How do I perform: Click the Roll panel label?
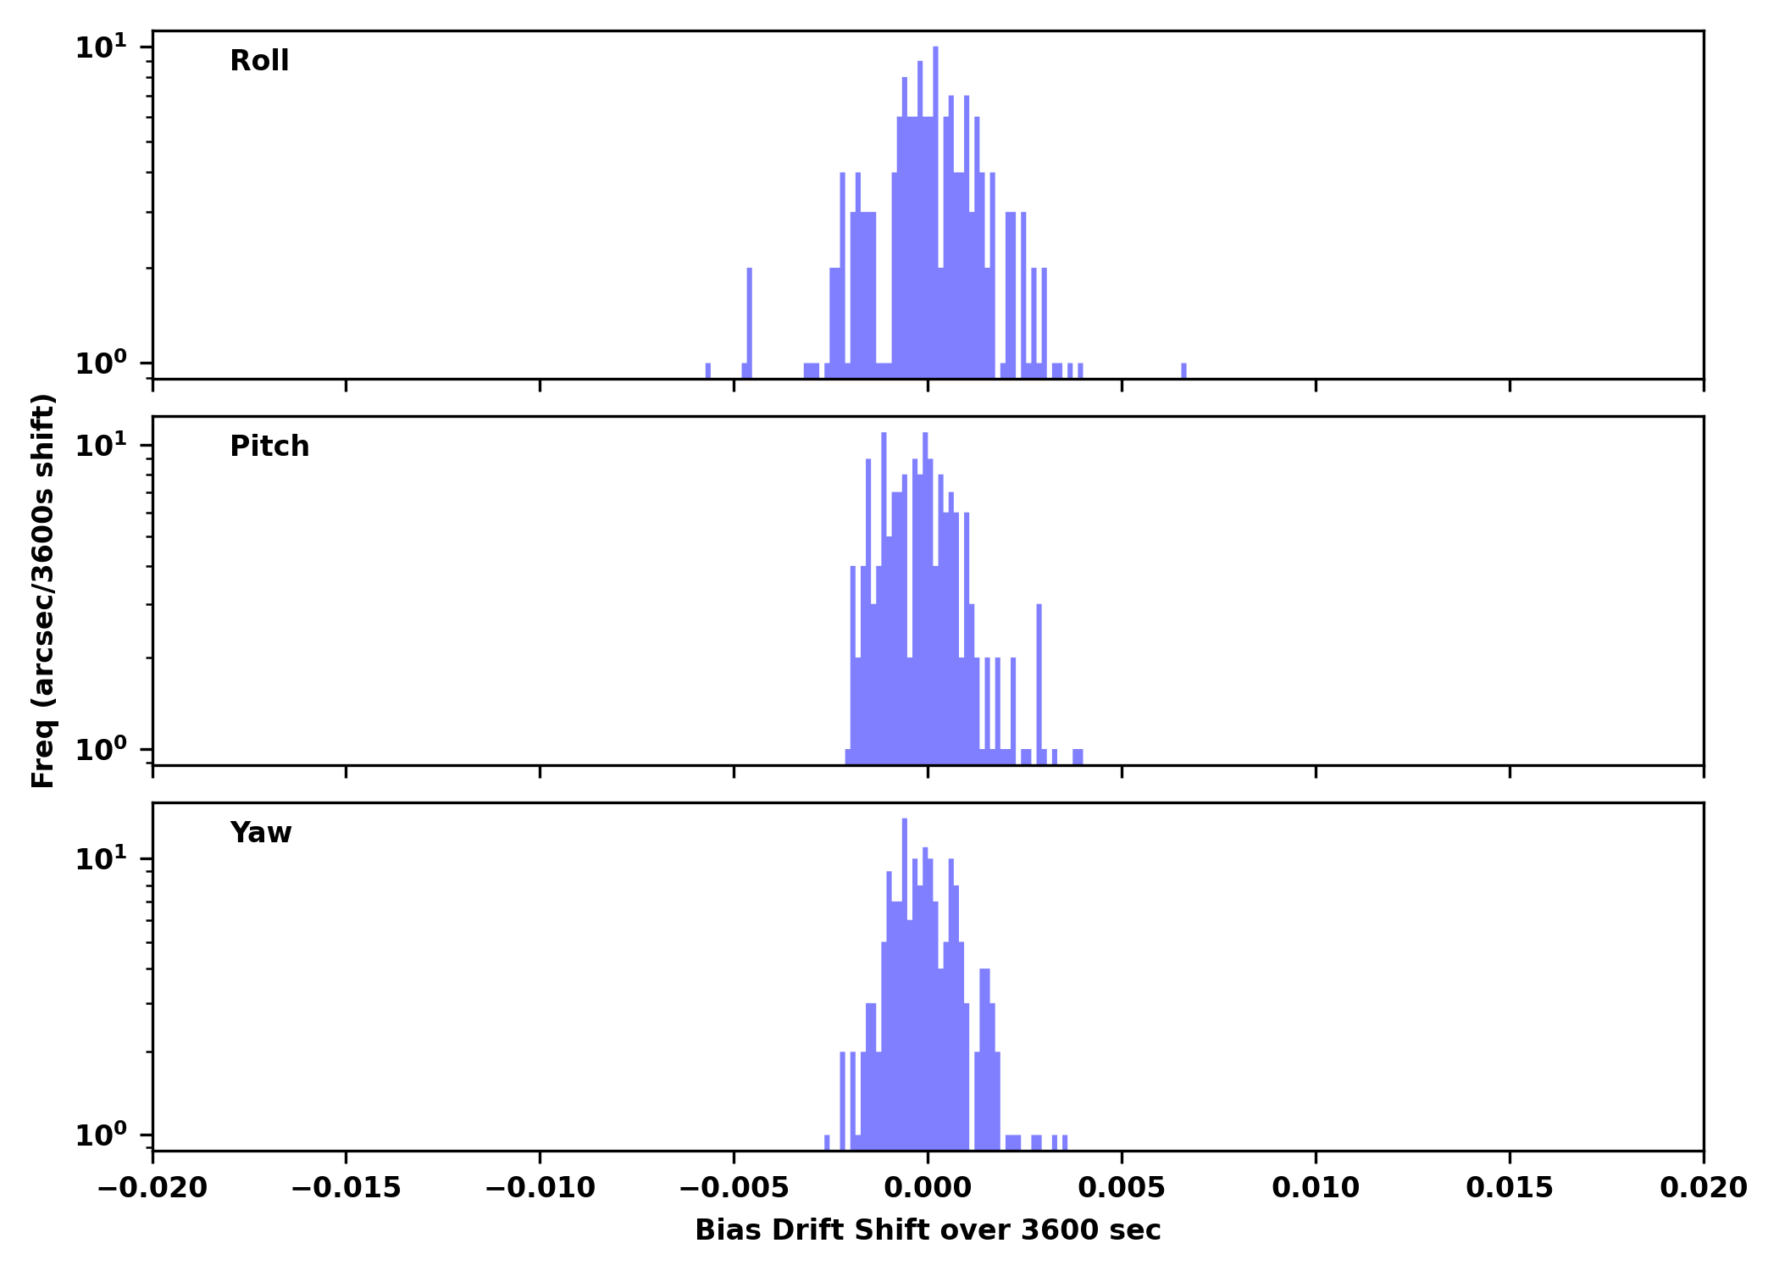pos(259,61)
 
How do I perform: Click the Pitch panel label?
pos(269,447)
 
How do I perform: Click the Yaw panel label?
pos(261,833)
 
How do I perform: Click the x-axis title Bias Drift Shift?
pos(928,1230)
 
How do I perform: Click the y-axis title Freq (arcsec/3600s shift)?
pos(43,591)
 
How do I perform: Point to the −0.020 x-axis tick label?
pos(152,1188)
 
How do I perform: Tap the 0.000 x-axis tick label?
pos(928,1188)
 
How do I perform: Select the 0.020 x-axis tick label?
pos(1703,1188)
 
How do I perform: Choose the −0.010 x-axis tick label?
pos(540,1188)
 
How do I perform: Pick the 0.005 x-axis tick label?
pos(1122,1188)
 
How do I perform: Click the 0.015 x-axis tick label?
pos(1510,1188)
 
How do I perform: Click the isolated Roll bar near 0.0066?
pos(1183,371)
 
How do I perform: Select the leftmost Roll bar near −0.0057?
pos(708,371)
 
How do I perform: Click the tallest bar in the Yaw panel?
pos(905,974)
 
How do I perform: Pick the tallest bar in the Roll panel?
pos(935,212)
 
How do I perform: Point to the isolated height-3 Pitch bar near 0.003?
pos(1039,678)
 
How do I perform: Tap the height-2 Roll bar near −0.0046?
pos(750,322)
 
